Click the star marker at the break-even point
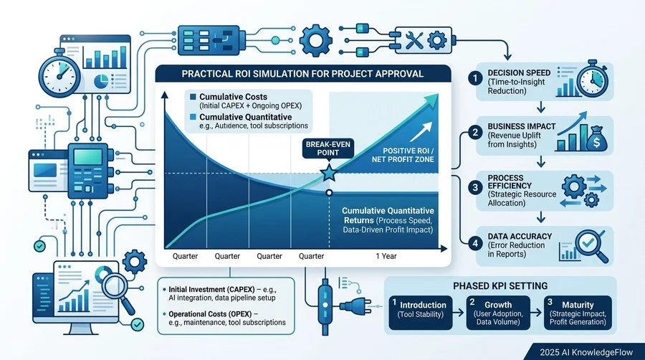[x=329, y=174]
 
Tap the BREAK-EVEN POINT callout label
[x=328, y=148]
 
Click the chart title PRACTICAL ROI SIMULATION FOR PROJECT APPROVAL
[x=302, y=74]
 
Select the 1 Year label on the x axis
[x=386, y=256]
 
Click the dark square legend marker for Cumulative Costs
[x=193, y=97]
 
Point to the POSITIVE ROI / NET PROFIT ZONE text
[x=403, y=155]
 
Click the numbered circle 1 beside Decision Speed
[x=475, y=78]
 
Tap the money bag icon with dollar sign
[x=596, y=139]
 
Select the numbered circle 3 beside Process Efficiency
[x=475, y=188]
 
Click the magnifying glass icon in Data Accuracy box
[x=591, y=245]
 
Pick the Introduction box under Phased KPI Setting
[x=421, y=313]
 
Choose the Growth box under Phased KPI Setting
[x=498, y=313]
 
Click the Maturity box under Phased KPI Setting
[x=578, y=313]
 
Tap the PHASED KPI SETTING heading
[x=500, y=286]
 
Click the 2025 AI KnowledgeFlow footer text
[x=586, y=352]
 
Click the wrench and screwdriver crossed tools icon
[x=414, y=41]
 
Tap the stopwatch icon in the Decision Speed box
[x=592, y=79]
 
